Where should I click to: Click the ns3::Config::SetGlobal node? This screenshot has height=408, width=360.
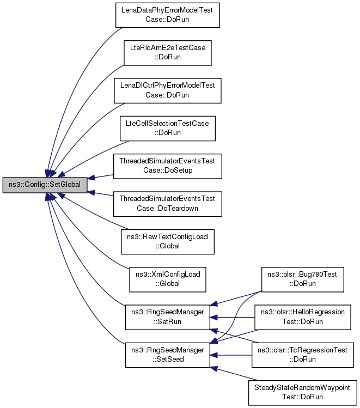coord(45,185)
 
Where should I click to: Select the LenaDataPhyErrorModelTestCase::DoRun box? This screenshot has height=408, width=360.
coord(168,15)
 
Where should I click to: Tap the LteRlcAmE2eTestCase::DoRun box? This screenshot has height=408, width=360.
coord(168,53)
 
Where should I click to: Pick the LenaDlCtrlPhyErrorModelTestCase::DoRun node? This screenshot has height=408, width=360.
coord(168,90)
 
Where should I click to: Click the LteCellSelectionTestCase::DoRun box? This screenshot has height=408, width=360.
coord(168,129)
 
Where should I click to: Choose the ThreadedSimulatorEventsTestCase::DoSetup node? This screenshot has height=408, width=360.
coord(168,166)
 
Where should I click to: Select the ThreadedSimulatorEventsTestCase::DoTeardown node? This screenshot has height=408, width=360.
coord(168,204)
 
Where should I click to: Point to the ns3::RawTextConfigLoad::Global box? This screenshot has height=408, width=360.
coord(168,242)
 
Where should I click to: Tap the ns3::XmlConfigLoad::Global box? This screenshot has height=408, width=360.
coord(168,279)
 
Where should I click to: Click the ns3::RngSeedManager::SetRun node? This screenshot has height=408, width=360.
coord(168,317)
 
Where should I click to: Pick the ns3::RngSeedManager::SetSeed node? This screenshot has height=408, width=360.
coord(168,355)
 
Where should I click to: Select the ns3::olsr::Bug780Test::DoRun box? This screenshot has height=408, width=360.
coord(302,279)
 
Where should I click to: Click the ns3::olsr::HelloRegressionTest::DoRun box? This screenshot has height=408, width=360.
coord(302,317)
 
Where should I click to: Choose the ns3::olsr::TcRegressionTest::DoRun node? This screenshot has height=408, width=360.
coord(302,355)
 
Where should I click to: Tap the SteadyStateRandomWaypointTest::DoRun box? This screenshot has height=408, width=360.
coord(302,393)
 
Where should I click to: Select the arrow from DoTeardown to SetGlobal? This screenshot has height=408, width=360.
coord(100,193)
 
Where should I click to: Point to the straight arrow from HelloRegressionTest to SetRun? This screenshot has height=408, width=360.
coord(232,318)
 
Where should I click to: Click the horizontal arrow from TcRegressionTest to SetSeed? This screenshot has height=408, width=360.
coord(231,355)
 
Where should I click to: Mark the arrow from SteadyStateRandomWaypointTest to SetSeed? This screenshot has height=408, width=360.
coord(234,374)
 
